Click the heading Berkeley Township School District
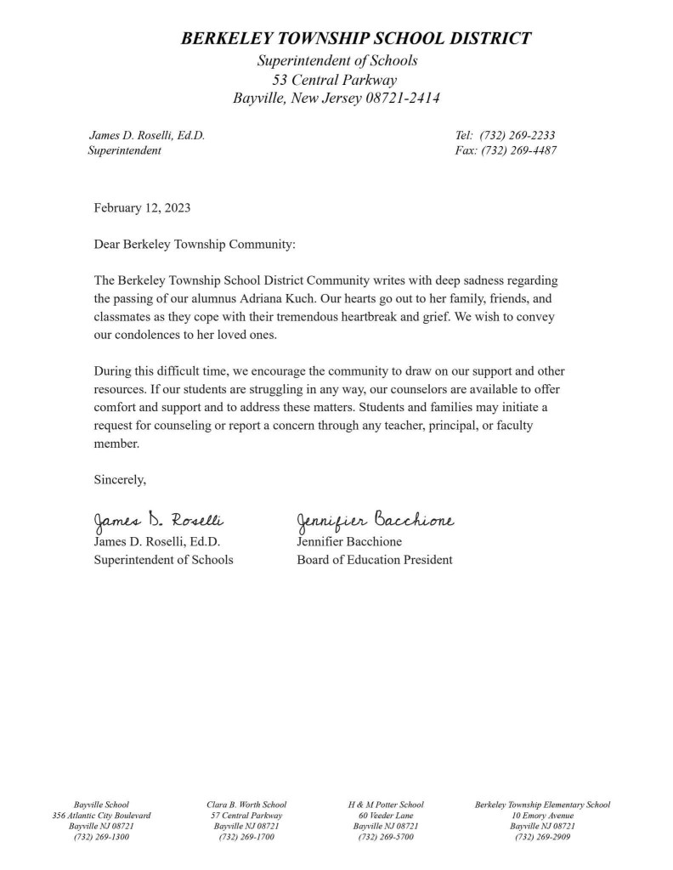click(x=356, y=38)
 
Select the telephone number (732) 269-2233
click(x=517, y=135)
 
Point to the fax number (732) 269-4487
click(x=519, y=150)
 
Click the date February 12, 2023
click(x=142, y=208)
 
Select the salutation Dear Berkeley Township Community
click(x=195, y=245)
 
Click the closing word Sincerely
click(x=120, y=480)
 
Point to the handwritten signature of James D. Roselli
click(x=158, y=520)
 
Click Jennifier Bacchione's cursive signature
click(x=375, y=520)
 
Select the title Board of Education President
click(x=375, y=560)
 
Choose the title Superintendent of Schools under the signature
click(x=163, y=560)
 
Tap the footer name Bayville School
click(x=101, y=805)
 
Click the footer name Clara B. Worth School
click(x=246, y=805)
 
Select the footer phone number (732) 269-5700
click(x=386, y=837)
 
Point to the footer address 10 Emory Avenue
click(x=542, y=816)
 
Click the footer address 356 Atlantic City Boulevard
click(x=101, y=816)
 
